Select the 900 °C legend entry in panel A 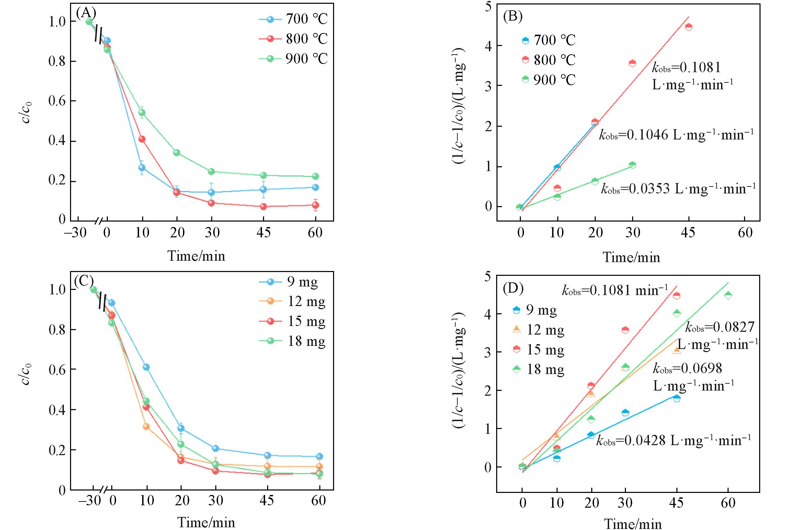click(294, 58)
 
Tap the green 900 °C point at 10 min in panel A click(142, 113)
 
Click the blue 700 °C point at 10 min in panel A click(142, 168)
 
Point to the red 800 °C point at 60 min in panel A click(316, 205)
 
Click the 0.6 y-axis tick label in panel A click(57, 101)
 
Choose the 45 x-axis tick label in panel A click(263, 233)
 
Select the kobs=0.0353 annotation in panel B click(678, 189)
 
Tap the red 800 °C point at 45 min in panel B click(688, 27)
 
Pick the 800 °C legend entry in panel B click(549, 60)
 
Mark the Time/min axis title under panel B click(631, 257)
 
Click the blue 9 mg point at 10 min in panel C click(146, 367)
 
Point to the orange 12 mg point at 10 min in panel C click(146, 427)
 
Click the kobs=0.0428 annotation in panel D click(673, 440)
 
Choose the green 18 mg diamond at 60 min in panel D click(728, 295)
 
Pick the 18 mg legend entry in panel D click(538, 369)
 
